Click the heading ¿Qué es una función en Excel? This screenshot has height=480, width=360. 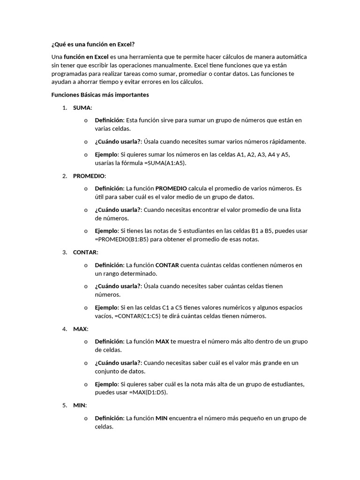click(x=93, y=44)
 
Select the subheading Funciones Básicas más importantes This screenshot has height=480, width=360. click(x=100, y=95)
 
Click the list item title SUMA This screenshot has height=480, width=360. click(x=82, y=107)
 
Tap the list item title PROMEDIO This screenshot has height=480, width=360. click(x=89, y=176)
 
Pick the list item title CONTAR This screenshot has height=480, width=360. click(x=85, y=252)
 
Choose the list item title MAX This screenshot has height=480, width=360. click(x=80, y=329)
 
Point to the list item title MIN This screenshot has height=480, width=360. click(x=80, y=405)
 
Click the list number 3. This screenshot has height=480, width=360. click(x=65, y=252)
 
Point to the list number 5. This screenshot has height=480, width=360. click(x=65, y=405)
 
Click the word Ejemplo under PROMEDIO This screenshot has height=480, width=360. click(x=106, y=231)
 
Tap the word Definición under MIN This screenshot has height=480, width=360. click(x=109, y=418)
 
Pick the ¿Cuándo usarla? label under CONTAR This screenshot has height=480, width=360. click(x=117, y=286)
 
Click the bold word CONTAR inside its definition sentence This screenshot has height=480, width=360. click(x=167, y=265)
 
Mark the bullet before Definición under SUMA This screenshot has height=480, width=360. click(x=86, y=120)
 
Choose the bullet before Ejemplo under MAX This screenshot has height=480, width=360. click(x=86, y=384)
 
